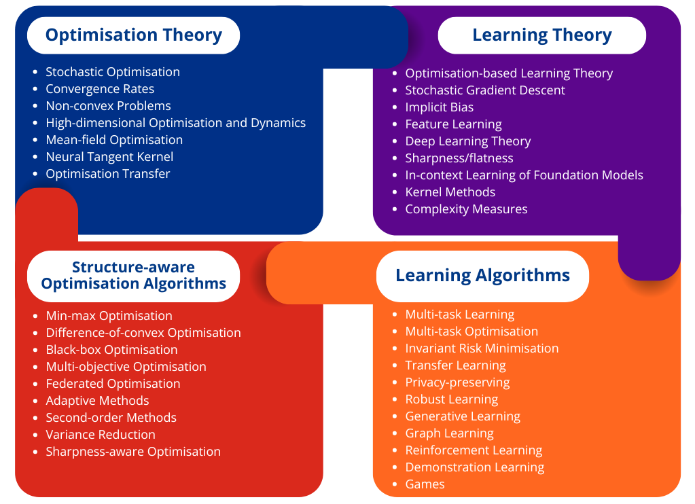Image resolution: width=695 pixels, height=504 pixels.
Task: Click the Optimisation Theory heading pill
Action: point(133,35)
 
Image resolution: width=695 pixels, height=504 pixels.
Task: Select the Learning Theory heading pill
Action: point(541,35)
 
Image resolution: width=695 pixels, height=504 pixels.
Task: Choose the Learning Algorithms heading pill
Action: point(482,276)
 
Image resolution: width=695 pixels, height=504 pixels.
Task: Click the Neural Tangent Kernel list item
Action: point(109,157)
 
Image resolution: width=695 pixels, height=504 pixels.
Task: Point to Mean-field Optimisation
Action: point(114,140)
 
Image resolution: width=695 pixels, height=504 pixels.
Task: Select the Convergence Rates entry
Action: point(100,89)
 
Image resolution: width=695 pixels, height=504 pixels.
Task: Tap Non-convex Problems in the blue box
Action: point(109,106)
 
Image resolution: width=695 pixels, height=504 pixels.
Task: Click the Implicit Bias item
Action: point(440,107)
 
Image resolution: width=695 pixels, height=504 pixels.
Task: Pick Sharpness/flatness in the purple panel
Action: point(459,158)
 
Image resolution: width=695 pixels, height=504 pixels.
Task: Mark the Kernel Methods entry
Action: point(450,192)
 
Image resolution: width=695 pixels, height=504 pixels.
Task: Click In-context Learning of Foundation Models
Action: point(524,175)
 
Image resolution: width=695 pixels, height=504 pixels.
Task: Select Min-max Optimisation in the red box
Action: point(109,316)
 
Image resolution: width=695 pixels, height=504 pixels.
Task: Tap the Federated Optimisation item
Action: point(113,383)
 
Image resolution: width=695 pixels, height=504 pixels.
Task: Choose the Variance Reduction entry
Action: point(101,435)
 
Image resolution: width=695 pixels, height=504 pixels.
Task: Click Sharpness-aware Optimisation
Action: point(133,452)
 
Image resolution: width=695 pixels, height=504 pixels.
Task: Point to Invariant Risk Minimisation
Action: point(482,348)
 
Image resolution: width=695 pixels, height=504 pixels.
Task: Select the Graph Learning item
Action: point(450,433)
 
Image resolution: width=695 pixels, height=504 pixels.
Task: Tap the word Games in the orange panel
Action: point(425,484)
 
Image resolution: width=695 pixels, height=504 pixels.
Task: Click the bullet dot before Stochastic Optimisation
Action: point(35,72)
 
